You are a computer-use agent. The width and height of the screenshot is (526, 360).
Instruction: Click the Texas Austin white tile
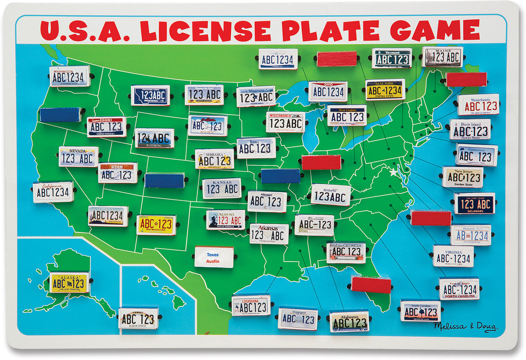click(x=214, y=257)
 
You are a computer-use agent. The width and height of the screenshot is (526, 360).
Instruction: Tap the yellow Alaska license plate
click(x=69, y=282)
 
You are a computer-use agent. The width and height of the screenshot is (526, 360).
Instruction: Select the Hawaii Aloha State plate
click(x=138, y=318)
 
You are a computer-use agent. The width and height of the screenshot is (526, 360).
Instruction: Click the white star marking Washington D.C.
click(x=393, y=172)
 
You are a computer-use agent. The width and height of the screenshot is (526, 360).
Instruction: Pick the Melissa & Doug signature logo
click(x=465, y=327)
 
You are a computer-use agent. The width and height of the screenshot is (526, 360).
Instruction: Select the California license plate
click(x=53, y=192)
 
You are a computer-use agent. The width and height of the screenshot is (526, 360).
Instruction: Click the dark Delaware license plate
click(x=474, y=203)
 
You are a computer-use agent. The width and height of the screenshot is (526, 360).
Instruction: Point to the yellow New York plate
click(x=385, y=90)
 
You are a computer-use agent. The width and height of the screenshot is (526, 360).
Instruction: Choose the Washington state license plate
click(x=69, y=76)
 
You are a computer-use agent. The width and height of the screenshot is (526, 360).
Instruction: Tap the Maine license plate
click(x=442, y=57)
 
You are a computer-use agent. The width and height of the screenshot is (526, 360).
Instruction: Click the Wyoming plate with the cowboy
click(x=154, y=138)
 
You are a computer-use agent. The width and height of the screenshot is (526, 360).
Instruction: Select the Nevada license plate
click(x=78, y=157)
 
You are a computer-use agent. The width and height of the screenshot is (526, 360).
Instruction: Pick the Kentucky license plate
click(x=331, y=195)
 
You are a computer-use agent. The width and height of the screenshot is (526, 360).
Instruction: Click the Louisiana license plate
click(x=251, y=305)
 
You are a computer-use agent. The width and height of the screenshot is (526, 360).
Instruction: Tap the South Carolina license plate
click(x=420, y=311)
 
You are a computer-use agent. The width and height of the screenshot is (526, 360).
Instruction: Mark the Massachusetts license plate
click(x=478, y=105)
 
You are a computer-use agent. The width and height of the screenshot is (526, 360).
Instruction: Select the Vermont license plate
click(x=392, y=58)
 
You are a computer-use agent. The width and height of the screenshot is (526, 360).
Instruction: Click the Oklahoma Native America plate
click(x=226, y=220)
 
